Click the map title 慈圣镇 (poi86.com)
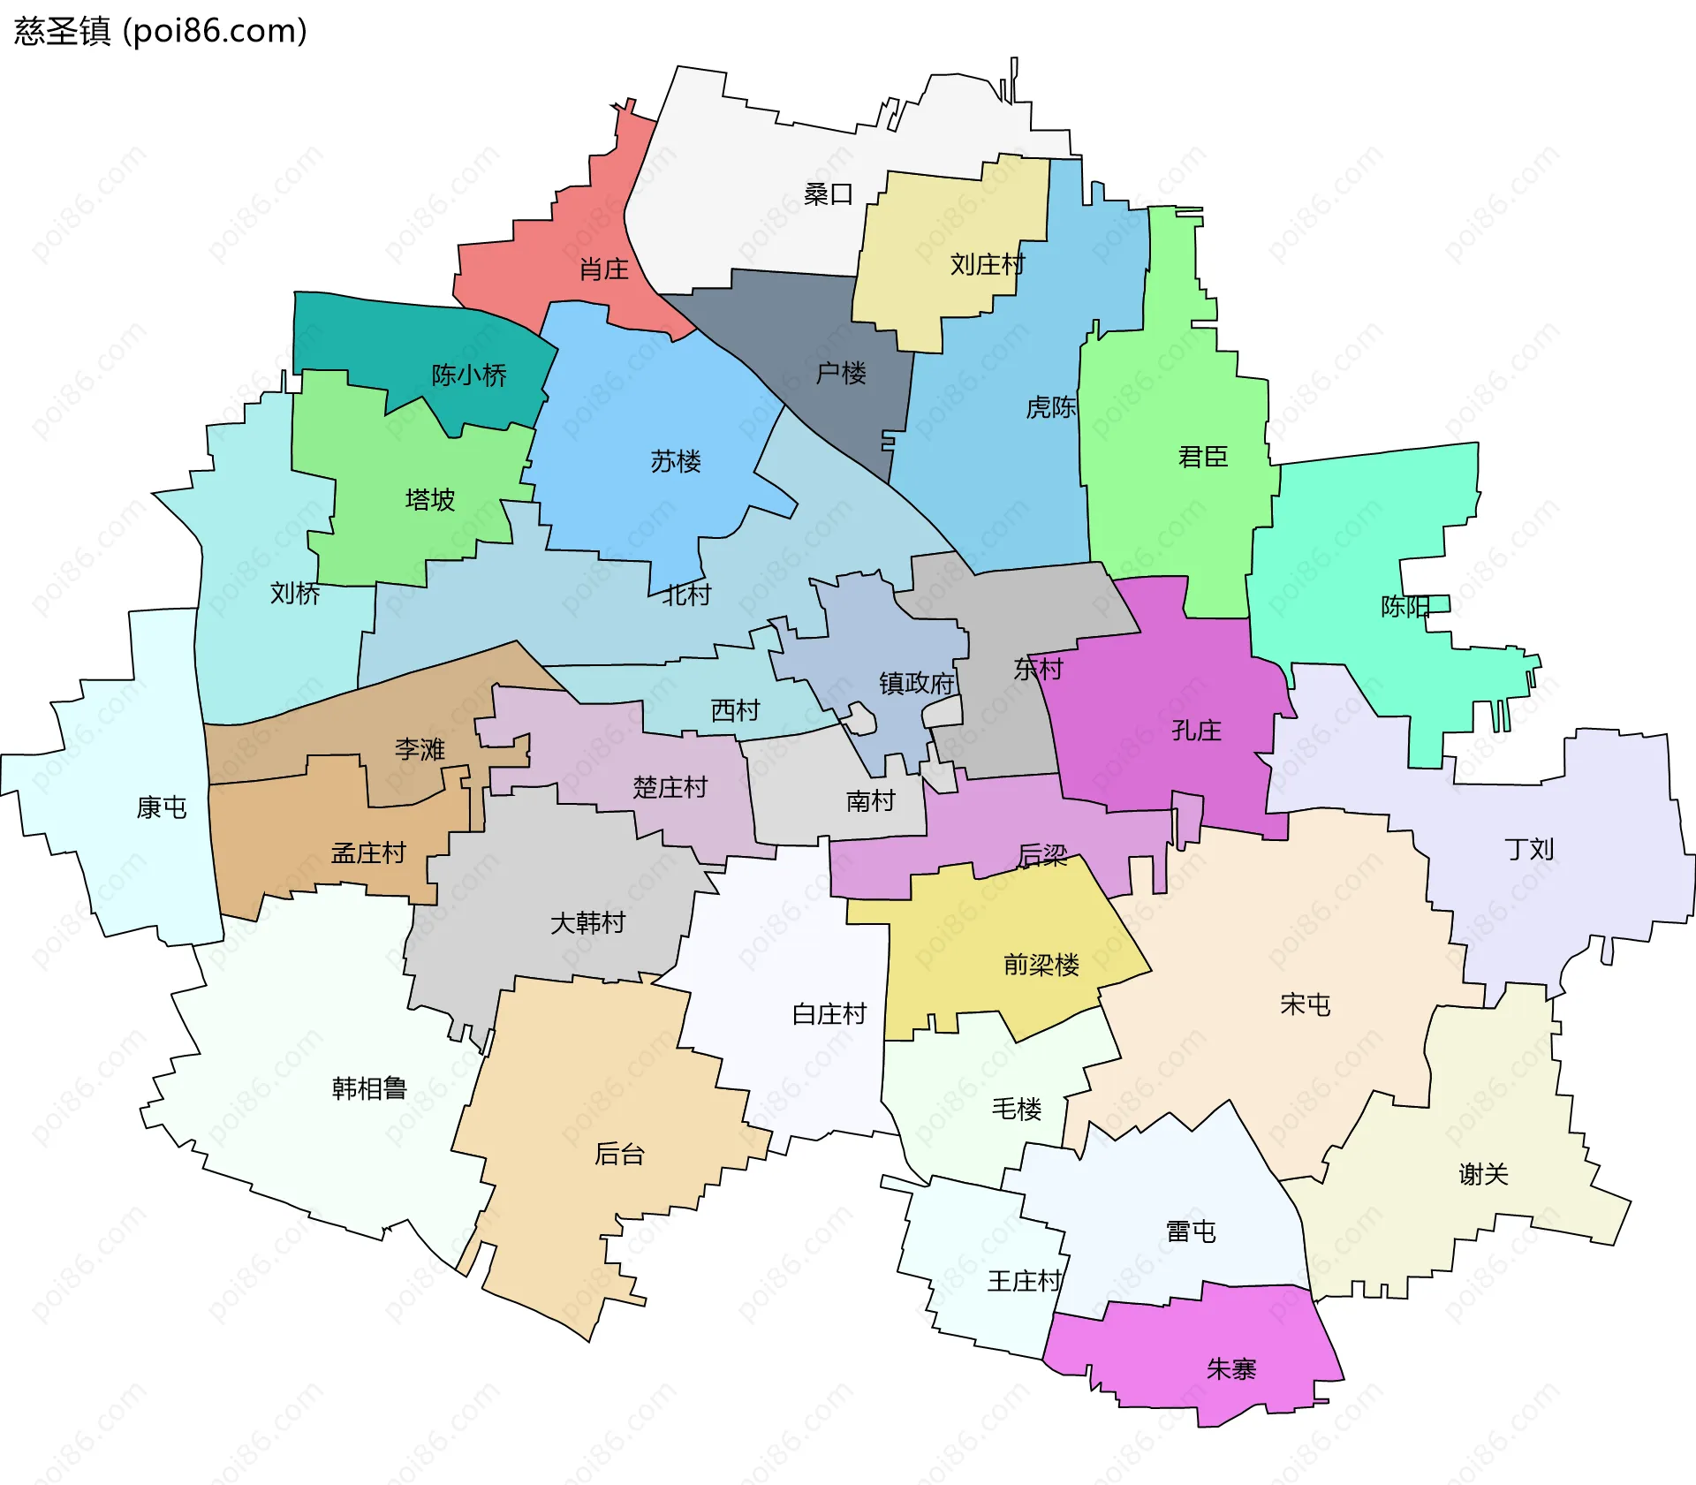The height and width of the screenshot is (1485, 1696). pos(160,31)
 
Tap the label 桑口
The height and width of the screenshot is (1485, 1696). pos(828,194)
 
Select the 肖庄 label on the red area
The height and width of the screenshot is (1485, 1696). pos(603,269)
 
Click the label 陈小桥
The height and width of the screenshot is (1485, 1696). pos(469,375)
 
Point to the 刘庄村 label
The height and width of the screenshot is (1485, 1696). pos(987,264)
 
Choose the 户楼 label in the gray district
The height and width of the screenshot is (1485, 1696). pos(840,373)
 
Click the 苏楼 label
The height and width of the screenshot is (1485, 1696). pos(676,461)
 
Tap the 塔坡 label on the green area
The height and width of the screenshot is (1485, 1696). pos(430,500)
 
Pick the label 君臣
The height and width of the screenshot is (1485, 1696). pos(1202,457)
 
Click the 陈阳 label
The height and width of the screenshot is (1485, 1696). pos(1404,607)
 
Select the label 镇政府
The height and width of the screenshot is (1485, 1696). pos(917,683)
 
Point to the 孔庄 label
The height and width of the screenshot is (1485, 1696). pos(1196,731)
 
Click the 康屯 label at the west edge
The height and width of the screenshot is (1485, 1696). pos(162,807)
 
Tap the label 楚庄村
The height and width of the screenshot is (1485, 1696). pos(670,787)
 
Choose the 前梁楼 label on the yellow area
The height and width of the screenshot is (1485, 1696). pos(1041,965)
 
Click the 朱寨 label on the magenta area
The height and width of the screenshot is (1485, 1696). pos(1230,1369)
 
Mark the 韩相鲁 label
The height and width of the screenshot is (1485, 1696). pos(369,1088)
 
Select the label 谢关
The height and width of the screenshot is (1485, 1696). pos(1483,1174)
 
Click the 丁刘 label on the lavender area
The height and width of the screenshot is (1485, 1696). pos(1529,849)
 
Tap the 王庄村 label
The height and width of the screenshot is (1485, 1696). pos(1024,1281)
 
